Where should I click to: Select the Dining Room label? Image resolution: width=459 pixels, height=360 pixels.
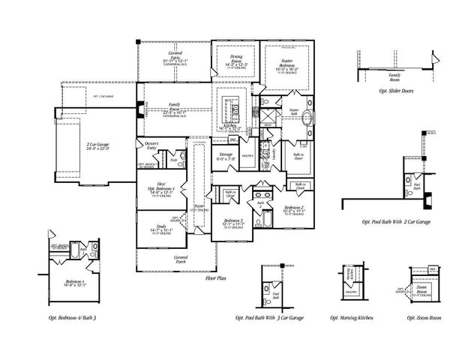tap(232, 65)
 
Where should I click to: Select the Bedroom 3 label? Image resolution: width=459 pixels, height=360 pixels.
tap(235, 222)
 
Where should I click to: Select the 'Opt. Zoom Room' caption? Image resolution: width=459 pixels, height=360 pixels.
tap(421, 317)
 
